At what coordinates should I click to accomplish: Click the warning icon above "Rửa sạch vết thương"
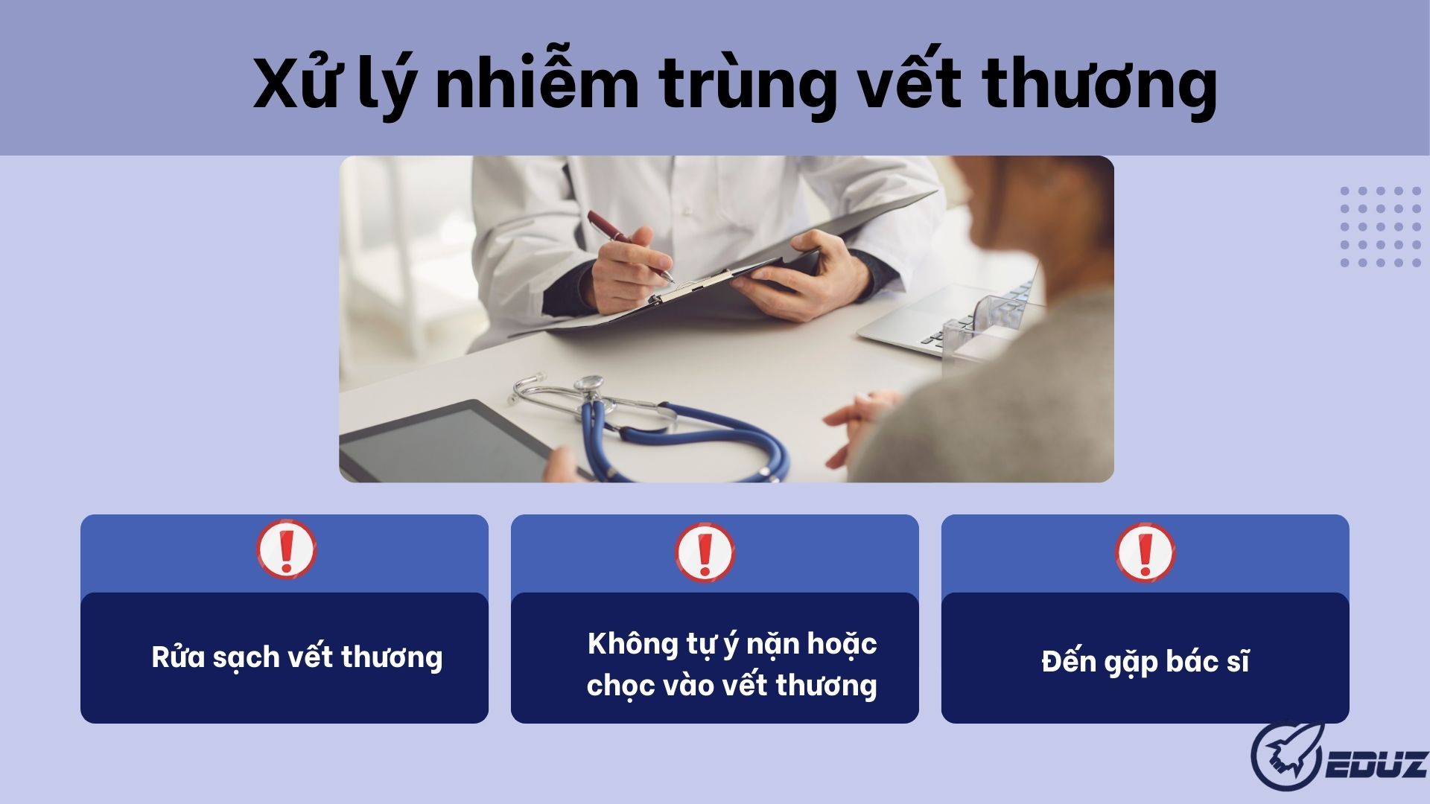point(287,549)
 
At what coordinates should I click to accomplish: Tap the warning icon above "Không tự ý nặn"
point(705,553)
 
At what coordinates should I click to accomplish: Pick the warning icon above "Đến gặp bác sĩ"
point(1145,552)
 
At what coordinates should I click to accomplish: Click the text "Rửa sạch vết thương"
point(297,657)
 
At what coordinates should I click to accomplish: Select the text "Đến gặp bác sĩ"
point(1145,662)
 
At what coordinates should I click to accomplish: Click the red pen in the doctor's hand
point(629,245)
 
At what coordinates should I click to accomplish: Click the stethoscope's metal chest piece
point(590,384)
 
